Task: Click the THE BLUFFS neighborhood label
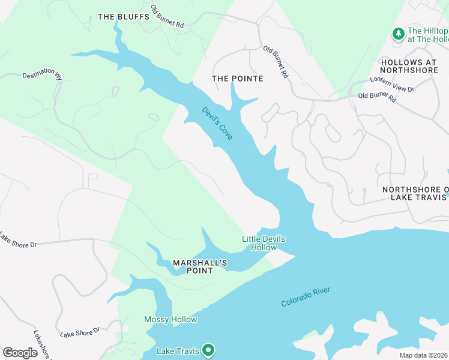[123, 17]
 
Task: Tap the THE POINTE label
[238, 79]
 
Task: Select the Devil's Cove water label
[217, 124]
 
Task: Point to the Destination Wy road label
[42, 77]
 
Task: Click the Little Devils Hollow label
[264, 243]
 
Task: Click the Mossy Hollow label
[170, 319]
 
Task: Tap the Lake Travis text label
[177, 350]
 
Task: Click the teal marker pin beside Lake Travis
[208, 349]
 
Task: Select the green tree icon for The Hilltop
[397, 34]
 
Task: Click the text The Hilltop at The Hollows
[427, 35]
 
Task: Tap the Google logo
[20, 352]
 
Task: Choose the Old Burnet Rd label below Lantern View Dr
[377, 97]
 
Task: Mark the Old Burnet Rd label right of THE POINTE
[277, 63]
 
